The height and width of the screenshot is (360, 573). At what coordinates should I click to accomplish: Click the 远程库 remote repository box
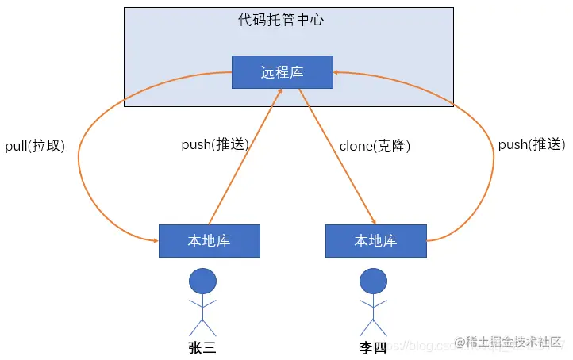[282, 72]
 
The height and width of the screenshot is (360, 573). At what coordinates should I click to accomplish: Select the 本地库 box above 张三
[210, 241]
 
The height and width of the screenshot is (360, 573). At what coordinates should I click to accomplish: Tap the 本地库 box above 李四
[375, 241]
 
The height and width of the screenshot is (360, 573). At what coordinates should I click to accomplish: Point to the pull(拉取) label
[35, 145]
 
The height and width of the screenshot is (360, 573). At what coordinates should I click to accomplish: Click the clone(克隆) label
[375, 146]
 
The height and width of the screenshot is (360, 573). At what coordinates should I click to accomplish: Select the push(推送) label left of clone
[215, 145]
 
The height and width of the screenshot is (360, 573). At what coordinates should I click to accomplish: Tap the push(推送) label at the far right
[531, 145]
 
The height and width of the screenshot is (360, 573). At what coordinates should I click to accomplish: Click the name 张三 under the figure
[202, 347]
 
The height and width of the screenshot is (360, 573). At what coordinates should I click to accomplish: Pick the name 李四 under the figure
[372, 347]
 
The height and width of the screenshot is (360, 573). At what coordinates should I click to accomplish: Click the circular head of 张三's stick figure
[202, 280]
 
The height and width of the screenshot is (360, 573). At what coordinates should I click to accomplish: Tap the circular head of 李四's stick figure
[372, 280]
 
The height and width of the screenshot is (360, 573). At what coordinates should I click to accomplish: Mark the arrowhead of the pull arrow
[154, 240]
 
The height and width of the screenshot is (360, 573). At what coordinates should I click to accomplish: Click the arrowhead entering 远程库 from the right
[337, 71]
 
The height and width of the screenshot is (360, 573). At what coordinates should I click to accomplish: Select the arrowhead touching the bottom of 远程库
[280, 92]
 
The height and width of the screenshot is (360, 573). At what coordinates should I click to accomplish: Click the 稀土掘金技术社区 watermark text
[513, 341]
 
